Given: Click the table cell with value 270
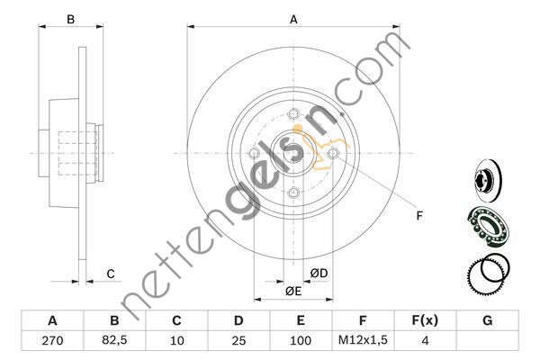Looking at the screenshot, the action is (52, 341).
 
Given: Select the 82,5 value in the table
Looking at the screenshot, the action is (114, 340).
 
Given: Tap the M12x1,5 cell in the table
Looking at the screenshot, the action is (363, 340).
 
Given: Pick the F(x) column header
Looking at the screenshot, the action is (425, 320).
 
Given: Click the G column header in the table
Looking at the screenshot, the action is (487, 320).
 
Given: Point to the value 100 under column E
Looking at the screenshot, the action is (301, 341).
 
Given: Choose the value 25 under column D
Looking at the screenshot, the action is (238, 341).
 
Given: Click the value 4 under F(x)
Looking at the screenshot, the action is (425, 341).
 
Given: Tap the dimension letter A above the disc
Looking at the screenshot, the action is (293, 20).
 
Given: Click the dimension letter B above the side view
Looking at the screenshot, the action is (70, 19).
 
